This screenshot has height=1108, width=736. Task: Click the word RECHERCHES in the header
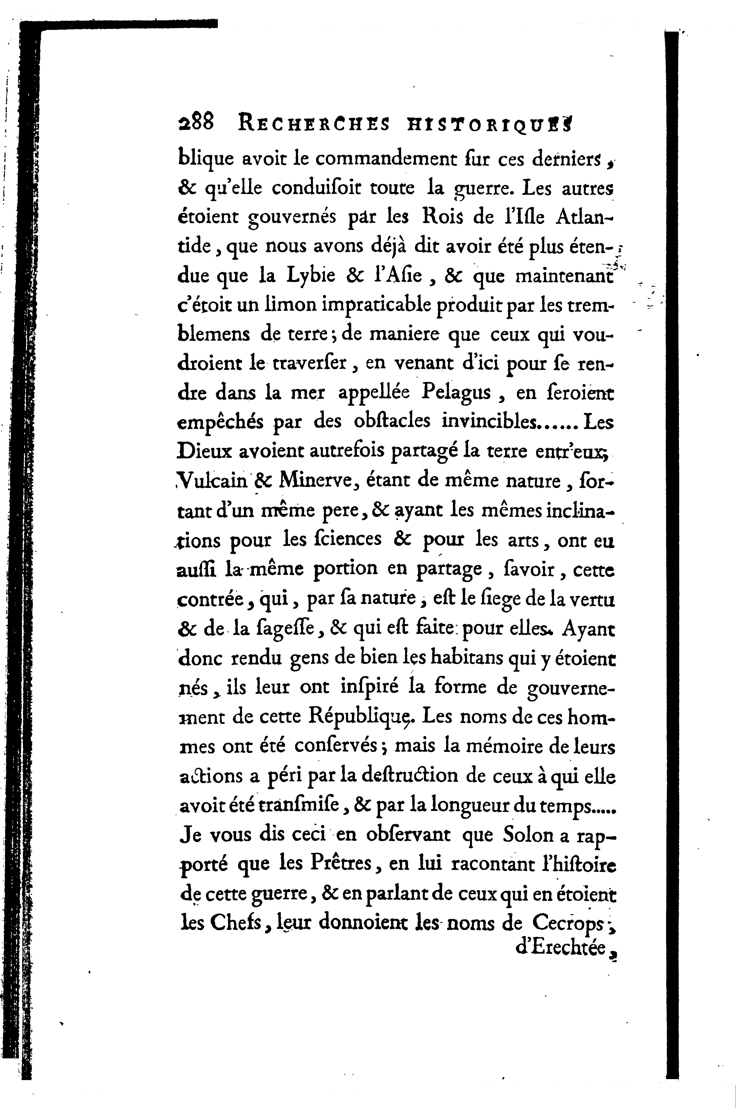point(314,124)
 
